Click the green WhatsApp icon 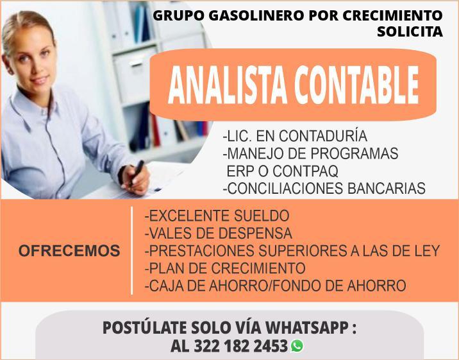297,346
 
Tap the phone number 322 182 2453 240,347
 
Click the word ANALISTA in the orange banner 228,85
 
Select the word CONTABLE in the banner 357,85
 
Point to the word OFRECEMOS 69,251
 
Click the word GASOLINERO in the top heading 256,15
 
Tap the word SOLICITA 410,31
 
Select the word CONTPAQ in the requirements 306,171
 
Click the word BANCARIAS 387,188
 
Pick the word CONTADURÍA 323,135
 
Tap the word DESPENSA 255,233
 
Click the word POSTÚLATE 145,327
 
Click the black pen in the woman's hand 136,173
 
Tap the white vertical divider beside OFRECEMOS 132,250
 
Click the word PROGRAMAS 355,153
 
